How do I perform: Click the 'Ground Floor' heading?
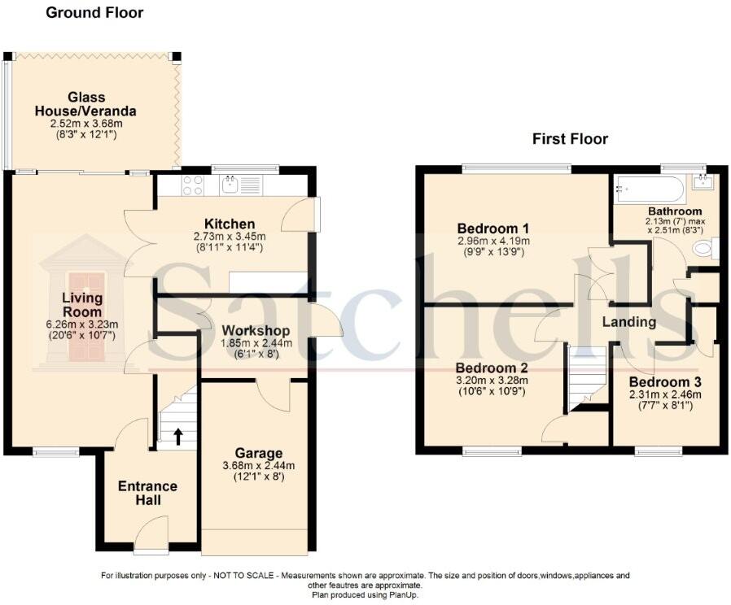pyautogui.click(x=94, y=12)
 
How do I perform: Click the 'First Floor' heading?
pyautogui.click(x=570, y=139)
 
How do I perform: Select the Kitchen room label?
pyautogui.click(x=230, y=224)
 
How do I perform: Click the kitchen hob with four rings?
pyautogui.click(x=193, y=185)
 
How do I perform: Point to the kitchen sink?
pyautogui.click(x=232, y=185)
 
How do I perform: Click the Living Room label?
pyautogui.click(x=83, y=305)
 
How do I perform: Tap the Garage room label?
pyautogui.click(x=259, y=453)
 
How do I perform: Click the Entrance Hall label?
pyautogui.click(x=147, y=493)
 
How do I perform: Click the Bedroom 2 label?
pyautogui.click(x=492, y=367)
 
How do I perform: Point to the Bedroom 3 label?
pyautogui.click(x=665, y=381)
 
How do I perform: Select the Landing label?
pyautogui.click(x=628, y=322)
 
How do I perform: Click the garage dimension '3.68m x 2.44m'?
pyautogui.click(x=259, y=466)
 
